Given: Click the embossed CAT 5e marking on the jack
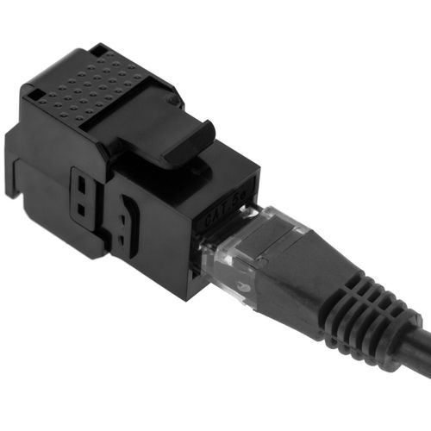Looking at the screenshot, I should tap(222, 217).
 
